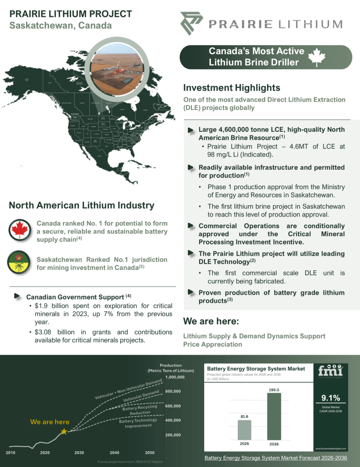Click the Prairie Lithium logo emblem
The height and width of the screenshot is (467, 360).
(x=190, y=23)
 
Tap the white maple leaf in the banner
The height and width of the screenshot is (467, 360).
(x=318, y=58)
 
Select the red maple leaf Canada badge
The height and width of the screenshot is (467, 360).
(x=20, y=229)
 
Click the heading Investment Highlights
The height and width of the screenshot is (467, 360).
(x=231, y=88)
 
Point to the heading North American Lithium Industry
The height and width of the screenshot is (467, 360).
(x=82, y=206)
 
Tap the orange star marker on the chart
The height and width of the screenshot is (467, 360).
(x=64, y=431)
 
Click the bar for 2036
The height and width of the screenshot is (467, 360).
(x=274, y=416)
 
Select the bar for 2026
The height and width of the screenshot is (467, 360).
(x=244, y=430)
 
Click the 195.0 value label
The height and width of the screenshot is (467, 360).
(x=274, y=390)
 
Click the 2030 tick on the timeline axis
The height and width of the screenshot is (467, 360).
(x=79, y=452)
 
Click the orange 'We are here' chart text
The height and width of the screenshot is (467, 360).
(x=50, y=422)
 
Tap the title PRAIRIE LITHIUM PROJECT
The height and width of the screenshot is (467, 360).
(x=71, y=14)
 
